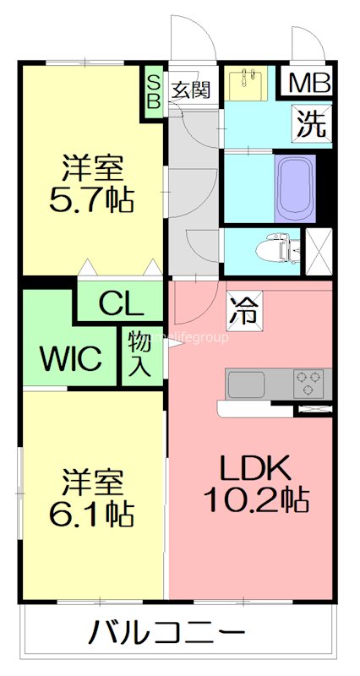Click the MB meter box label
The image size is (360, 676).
point(311,84)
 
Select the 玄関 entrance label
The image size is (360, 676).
point(191,90)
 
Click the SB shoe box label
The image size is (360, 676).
point(154,90)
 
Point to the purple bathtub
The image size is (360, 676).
point(295,187)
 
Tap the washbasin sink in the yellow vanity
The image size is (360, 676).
point(248,83)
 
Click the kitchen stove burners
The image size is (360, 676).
point(308,383)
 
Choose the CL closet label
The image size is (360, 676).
point(120,302)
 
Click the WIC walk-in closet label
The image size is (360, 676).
point(73,357)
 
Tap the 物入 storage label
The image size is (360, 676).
point(140,352)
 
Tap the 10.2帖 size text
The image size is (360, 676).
point(255,500)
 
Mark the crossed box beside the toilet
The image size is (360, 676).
point(319,250)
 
